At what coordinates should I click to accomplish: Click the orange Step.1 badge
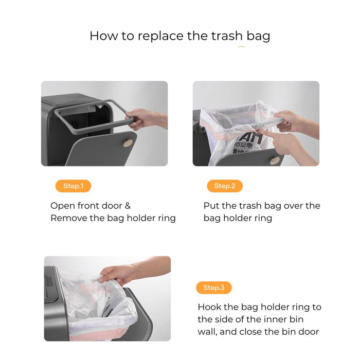point(73,186)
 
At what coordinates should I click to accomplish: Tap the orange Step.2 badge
point(225,186)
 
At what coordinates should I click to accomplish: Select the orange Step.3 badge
point(214,287)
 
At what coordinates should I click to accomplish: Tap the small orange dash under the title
point(241,47)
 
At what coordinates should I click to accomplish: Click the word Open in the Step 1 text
point(62,206)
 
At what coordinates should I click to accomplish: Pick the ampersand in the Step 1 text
point(128,206)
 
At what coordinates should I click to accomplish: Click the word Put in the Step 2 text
point(211,206)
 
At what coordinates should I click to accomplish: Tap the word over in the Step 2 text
point(293,206)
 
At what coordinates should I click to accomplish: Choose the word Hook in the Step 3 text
point(210,307)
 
